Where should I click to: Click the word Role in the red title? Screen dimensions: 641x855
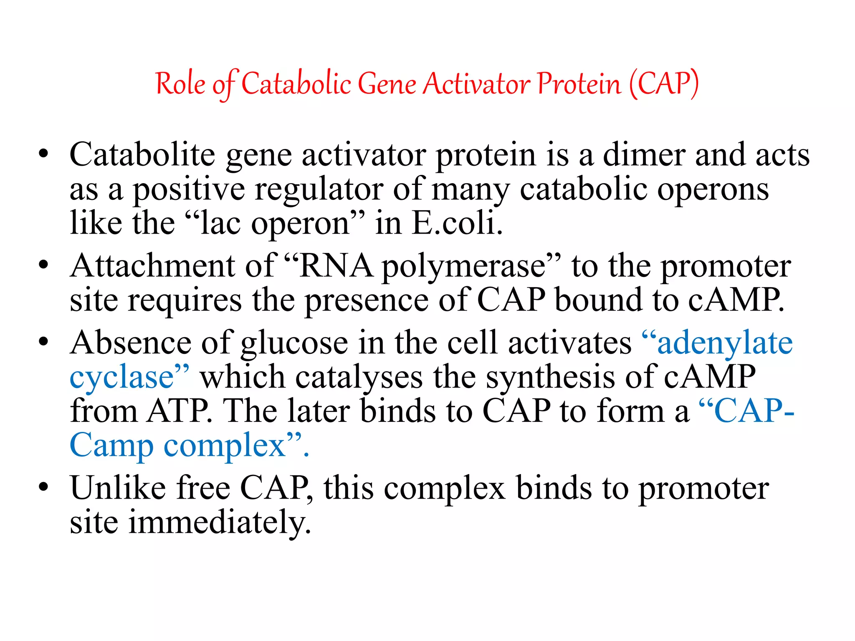180,84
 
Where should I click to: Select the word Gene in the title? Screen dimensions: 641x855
387,84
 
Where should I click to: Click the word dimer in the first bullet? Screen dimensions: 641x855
644,154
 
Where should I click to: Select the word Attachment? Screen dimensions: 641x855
153,266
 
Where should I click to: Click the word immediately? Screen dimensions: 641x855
220,522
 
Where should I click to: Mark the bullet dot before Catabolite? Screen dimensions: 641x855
43,155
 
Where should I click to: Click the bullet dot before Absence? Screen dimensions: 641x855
43,342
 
